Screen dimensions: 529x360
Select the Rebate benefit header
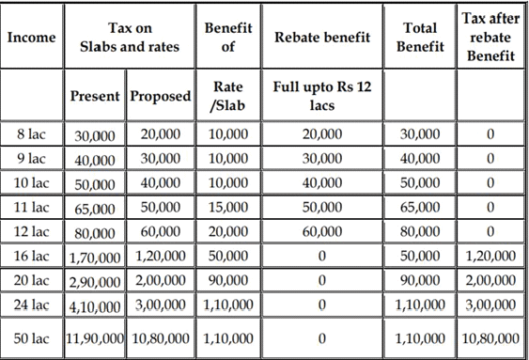click(322, 38)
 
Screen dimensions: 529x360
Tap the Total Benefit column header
click(418, 38)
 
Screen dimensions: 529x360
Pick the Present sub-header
click(95, 97)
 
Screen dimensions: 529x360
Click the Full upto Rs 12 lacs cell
click(322, 96)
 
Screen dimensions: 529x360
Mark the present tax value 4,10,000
click(95, 305)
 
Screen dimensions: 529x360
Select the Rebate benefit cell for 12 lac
click(322, 230)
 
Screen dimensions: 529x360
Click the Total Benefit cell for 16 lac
click(419, 255)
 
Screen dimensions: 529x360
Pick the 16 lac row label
click(33, 255)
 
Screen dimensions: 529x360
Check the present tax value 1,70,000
click(95, 256)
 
